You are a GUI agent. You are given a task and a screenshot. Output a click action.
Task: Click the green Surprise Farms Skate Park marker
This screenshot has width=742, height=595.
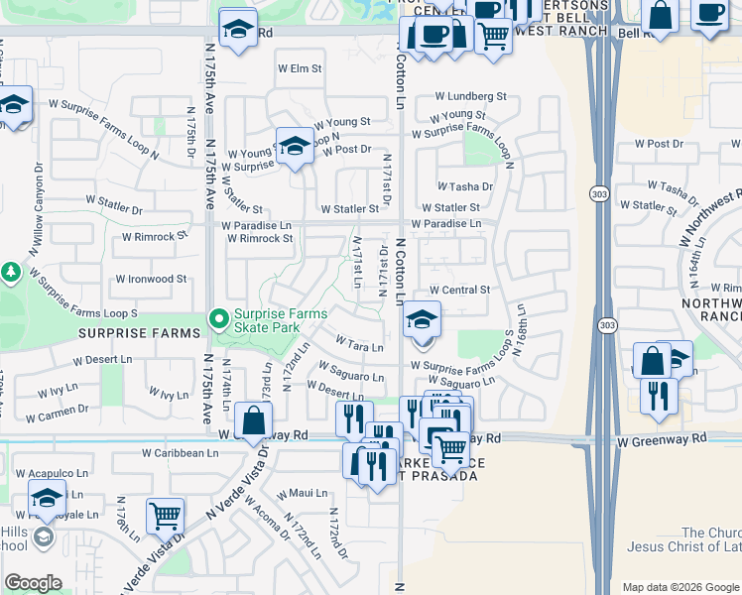point(219,318)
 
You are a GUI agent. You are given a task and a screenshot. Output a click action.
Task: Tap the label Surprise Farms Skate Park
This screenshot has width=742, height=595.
point(280,319)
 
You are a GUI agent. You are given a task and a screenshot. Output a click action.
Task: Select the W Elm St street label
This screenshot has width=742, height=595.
point(300,68)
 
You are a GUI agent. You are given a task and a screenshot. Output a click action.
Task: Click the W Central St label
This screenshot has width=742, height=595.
point(459,290)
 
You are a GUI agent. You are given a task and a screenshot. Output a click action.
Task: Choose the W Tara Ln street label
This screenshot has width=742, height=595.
point(359,345)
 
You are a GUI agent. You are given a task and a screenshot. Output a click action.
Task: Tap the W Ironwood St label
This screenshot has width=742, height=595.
point(151,280)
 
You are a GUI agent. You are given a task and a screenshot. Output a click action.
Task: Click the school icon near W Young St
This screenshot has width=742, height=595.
point(295,147)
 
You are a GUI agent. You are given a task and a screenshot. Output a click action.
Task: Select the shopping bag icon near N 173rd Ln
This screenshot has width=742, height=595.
point(255,420)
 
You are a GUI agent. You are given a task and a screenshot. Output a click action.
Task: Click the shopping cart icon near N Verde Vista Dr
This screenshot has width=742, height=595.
point(165,515)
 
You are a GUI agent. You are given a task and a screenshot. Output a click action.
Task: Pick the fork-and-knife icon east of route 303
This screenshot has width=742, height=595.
point(659,395)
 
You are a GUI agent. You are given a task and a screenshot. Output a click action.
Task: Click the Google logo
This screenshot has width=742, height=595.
point(34,582)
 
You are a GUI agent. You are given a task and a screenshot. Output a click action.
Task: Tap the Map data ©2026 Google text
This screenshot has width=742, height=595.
point(680,586)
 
